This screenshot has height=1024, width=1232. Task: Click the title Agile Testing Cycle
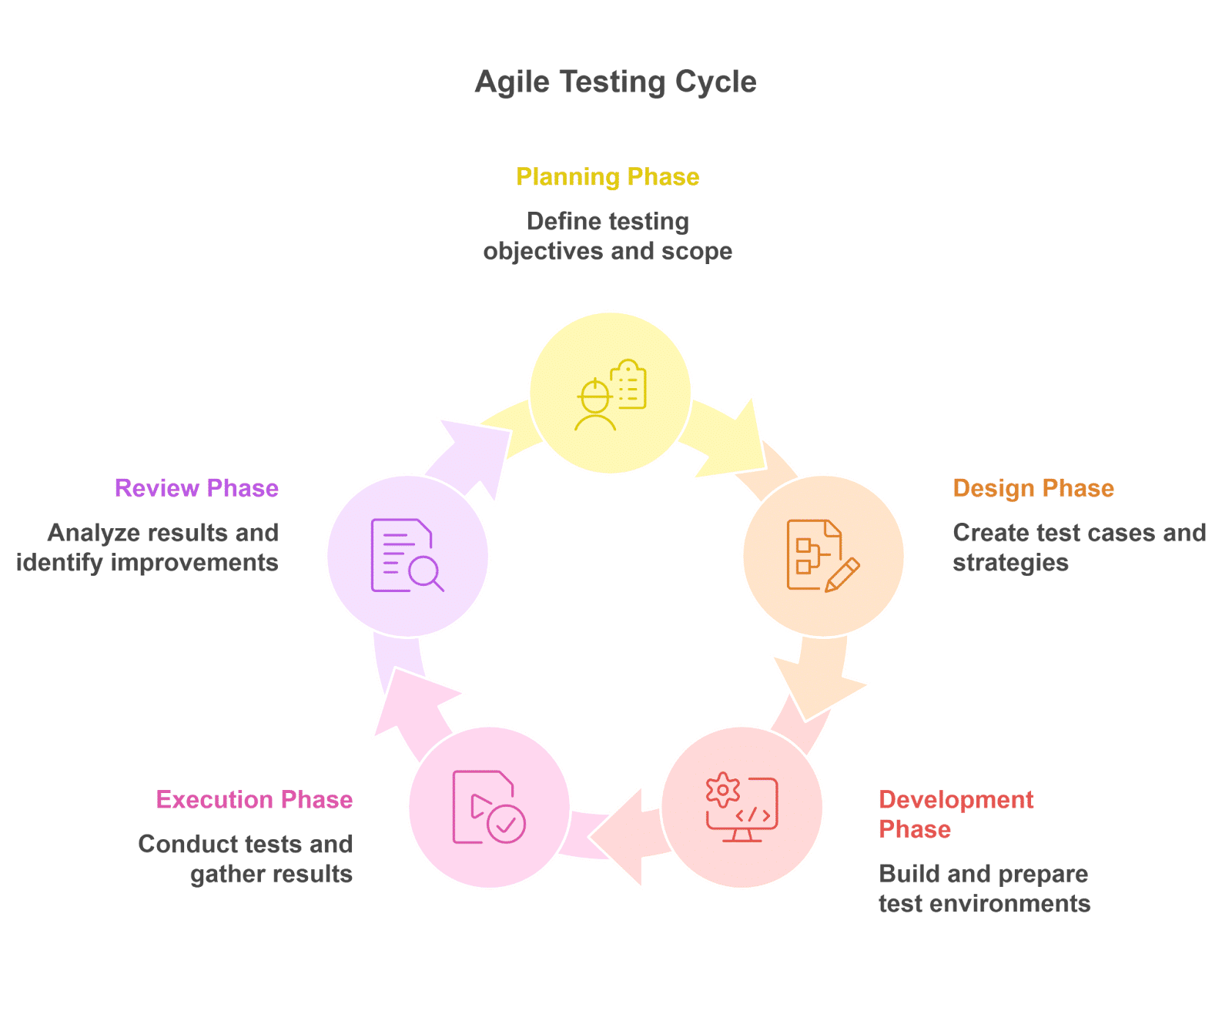(x=615, y=82)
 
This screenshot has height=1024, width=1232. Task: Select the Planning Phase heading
(x=608, y=177)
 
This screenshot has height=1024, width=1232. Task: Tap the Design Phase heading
(x=1033, y=488)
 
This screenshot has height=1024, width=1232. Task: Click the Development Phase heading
(x=956, y=814)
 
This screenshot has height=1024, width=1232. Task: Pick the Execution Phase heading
(x=254, y=800)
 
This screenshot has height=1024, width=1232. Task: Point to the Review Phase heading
(x=196, y=488)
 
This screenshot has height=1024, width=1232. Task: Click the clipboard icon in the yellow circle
(x=629, y=384)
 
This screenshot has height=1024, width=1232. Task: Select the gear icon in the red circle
(x=723, y=790)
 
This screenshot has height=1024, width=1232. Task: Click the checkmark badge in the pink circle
(x=506, y=825)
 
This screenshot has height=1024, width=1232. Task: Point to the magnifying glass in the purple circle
(x=424, y=574)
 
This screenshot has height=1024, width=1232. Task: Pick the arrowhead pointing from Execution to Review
(x=409, y=700)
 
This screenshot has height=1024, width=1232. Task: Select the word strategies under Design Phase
(x=1010, y=563)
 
